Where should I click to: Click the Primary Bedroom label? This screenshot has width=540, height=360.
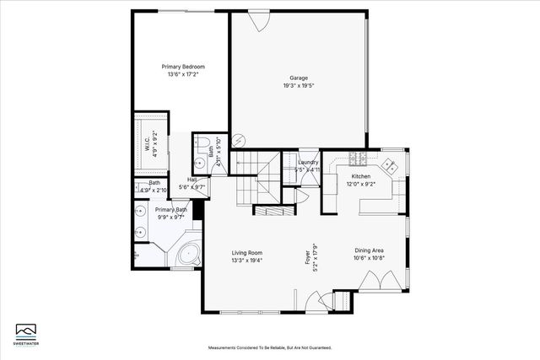(183, 67)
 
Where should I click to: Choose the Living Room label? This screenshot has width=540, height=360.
(248, 252)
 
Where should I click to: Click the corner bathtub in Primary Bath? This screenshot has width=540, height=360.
(186, 252)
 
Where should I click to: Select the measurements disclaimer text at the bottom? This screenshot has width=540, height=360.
(270, 347)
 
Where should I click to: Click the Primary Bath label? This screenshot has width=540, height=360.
(170, 213)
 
